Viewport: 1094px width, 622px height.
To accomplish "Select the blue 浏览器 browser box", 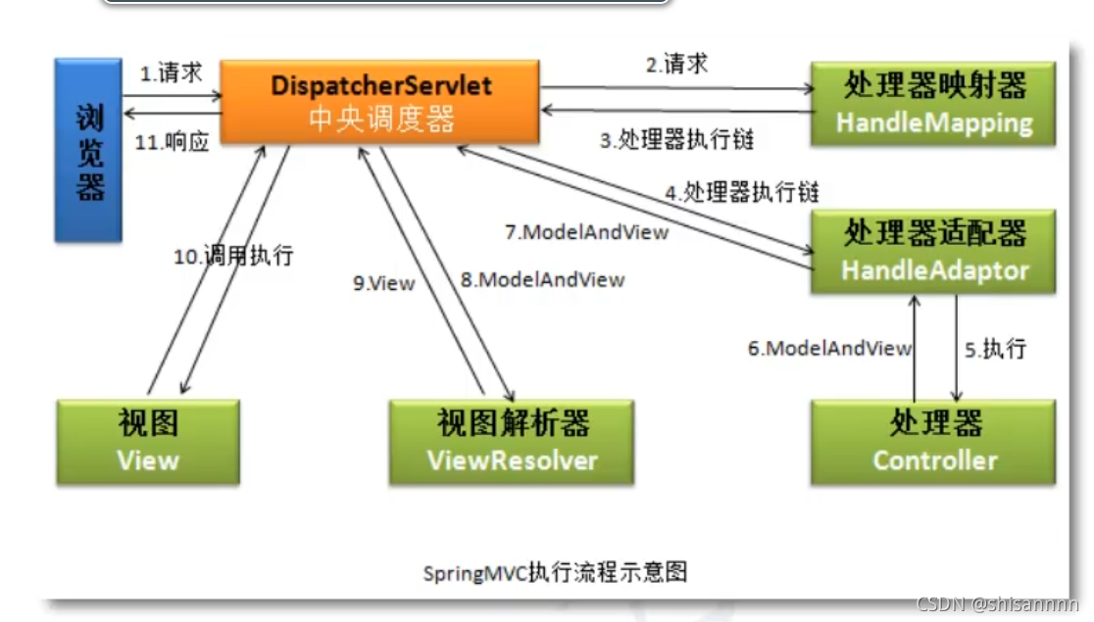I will [89, 149].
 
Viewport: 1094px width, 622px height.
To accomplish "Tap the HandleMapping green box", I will [932, 104].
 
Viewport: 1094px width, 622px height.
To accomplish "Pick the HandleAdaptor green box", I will [932, 251].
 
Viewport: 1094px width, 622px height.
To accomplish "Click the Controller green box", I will [932, 442].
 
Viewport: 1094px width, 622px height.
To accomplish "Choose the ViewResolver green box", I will [512, 442].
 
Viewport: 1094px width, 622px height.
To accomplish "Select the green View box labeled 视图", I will [148, 442].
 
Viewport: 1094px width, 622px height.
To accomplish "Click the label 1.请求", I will [171, 74].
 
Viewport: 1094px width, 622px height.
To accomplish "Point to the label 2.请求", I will [676, 65].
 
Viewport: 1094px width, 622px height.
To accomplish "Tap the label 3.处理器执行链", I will [677, 140].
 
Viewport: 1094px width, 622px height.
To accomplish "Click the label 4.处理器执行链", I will [742, 191].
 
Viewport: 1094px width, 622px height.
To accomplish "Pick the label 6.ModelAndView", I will [829, 348].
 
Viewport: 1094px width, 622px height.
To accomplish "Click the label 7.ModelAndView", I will [586, 232].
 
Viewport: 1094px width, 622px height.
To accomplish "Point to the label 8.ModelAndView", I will [542, 279].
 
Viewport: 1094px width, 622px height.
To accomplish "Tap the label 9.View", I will [384, 283].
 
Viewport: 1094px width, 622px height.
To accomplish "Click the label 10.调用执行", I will [233, 257].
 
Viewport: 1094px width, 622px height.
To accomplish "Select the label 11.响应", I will [173, 142].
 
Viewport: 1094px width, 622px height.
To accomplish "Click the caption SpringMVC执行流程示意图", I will [555, 572].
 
